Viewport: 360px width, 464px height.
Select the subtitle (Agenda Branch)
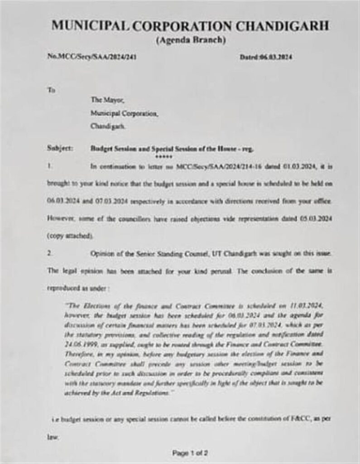pos(190,40)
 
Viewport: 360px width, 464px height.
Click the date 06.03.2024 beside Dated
pos(276,58)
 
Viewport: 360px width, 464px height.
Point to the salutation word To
pos(51,90)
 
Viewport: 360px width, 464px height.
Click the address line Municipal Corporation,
pos(124,115)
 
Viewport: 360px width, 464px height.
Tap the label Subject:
pos(59,149)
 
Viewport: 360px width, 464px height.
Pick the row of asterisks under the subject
pos(161,155)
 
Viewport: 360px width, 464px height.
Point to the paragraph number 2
pos(49,254)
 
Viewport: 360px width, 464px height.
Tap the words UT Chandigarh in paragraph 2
pos(232,254)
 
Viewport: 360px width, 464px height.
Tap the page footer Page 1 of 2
pos(190,453)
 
